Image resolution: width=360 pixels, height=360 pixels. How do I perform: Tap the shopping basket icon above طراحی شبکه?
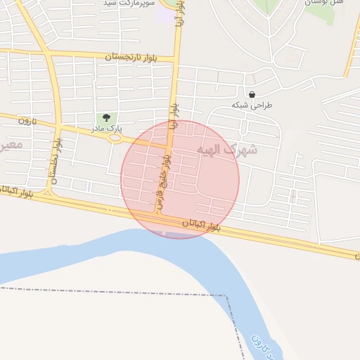pos(252,94)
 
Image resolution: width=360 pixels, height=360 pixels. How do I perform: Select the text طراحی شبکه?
pos(252,105)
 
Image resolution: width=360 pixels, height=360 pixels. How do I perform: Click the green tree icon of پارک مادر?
pos(106,118)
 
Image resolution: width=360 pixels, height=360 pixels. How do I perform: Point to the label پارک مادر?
pos(106,129)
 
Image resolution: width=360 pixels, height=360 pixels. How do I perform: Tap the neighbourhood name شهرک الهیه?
pos(226,150)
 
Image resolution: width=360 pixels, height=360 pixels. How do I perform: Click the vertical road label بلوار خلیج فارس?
pos(162,184)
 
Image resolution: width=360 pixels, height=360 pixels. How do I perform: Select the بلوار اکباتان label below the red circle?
pos(201,224)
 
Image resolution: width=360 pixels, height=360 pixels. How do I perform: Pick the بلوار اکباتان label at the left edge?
pos(15,191)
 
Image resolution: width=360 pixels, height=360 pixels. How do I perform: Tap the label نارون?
pos(27,121)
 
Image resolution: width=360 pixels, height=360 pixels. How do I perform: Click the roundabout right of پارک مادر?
pos(115,138)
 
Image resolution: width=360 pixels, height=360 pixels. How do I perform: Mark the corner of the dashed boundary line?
pos(226,296)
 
